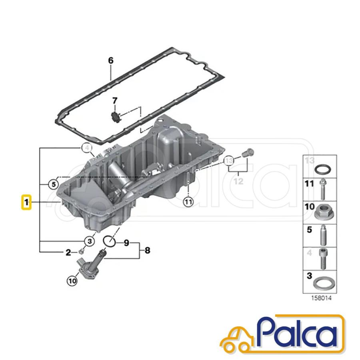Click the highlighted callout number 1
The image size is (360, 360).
[26, 202]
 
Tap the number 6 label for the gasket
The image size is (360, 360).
[111, 61]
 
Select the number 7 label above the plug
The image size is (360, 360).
[114, 100]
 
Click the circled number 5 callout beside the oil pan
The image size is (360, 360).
[54, 184]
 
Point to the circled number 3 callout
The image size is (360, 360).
[90, 241]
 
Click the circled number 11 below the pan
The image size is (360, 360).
[188, 202]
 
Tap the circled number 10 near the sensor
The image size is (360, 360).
[72, 281]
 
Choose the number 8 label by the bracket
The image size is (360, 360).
[147, 250]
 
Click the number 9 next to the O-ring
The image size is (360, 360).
[126, 243]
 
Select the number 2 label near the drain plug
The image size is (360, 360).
[68, 252]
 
